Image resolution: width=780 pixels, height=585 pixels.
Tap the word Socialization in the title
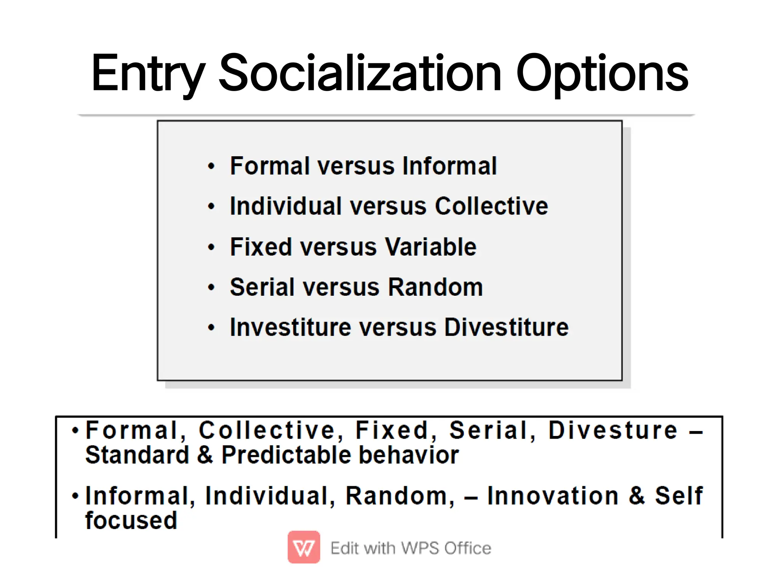click(360, 73)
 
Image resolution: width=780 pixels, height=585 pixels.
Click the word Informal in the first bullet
click(449, 166)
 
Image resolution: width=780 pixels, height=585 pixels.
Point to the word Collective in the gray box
click(491, 207)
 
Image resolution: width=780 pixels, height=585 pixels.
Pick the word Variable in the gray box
click(430, 247)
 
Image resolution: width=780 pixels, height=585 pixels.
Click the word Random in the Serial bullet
click(435, 287)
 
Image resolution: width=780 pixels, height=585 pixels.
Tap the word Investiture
click(290, 327)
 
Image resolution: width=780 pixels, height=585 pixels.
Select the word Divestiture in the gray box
click(506, 327)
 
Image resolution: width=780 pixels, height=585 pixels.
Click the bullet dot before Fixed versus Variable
click(211, 247)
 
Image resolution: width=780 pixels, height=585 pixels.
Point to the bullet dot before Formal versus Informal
click(211, 166)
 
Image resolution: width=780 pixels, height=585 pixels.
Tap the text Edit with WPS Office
click(411, 548)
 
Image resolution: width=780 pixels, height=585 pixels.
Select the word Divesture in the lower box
click(613, 430)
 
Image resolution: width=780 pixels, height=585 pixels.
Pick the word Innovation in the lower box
click(553, 496)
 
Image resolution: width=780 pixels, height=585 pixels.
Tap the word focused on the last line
click(131, 521)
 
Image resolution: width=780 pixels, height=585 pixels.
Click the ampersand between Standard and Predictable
click(205, 455)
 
